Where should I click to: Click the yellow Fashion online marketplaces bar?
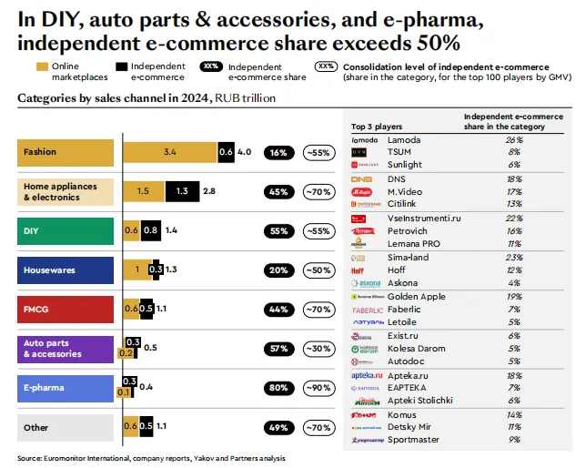click(169, 153)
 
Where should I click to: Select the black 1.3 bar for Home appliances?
click(182, 192)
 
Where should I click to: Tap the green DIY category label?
click(66, 231)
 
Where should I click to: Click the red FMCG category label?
click(66, 310)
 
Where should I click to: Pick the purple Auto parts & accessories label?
click(66, 349)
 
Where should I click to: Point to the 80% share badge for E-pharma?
click(278, 388)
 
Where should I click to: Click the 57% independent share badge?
click(278, 349)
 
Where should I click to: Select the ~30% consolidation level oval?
click(318, 349)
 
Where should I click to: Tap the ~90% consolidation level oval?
click(318, 388)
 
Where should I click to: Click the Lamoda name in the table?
click(403, 139)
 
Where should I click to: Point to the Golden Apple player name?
click(416, 297)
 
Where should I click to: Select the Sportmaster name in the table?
click(413, 441)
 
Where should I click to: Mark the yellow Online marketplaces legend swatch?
click(42, 66)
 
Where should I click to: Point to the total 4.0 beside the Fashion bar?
click(244, 153)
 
